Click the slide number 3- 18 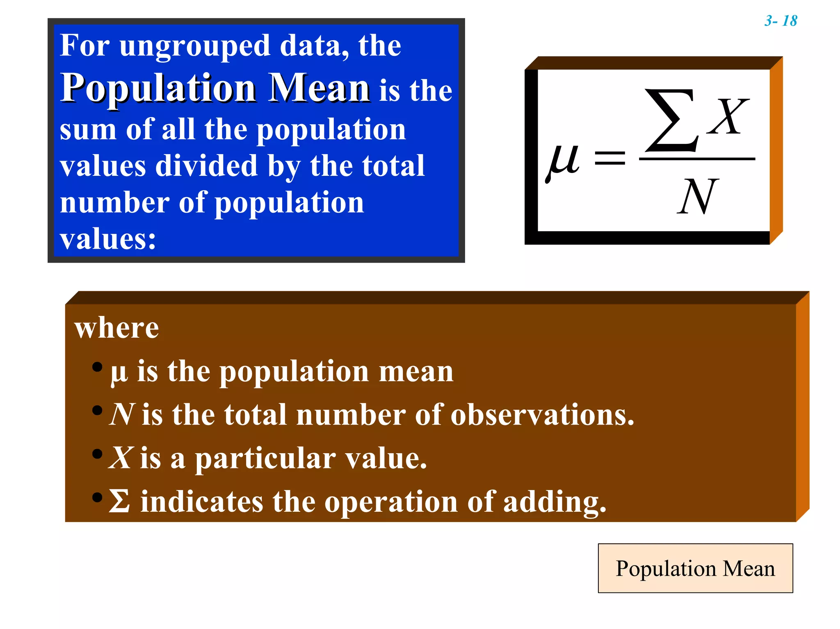(x=781, y=21)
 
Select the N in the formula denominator (x=697, y=197)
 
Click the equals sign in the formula (x=610, y=158)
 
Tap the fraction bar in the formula (x=697, y=159)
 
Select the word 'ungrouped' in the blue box (x=195, y=46)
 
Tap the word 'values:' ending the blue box (x=108, y=239)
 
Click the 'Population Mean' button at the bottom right (x=695, y=568)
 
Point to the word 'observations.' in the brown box (x=542, y=415)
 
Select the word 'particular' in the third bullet (x=265, y=459)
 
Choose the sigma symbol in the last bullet (x=119, y=501)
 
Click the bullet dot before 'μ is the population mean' (x=97, y=367)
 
